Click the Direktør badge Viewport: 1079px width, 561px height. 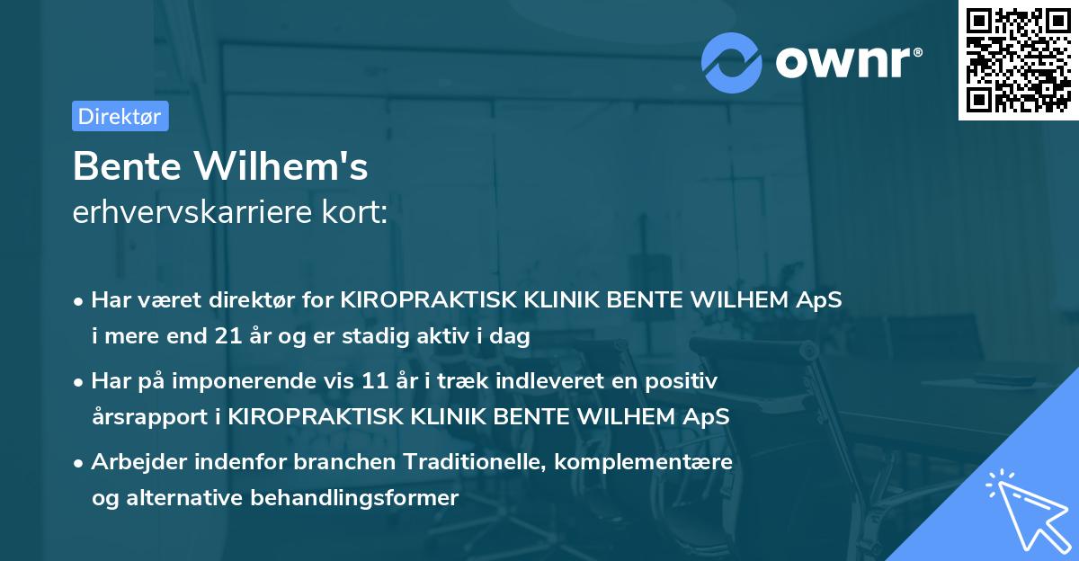(120, 116)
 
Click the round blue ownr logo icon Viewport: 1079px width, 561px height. (732, 62)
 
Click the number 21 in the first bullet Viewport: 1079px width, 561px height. (228, 337)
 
